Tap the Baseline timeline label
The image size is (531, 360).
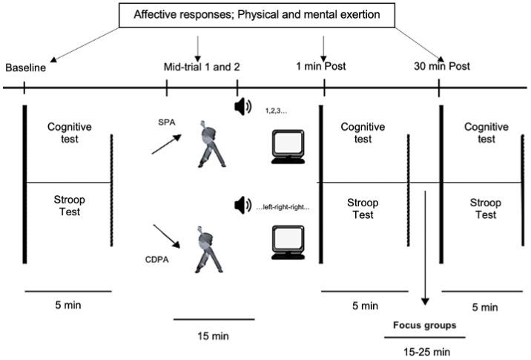coord(27,68)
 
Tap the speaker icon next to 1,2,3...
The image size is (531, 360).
coord(243,108)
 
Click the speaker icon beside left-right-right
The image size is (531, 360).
coord(242,205)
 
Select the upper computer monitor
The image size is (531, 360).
coord(290,146)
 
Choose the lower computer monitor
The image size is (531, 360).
coord(290,243)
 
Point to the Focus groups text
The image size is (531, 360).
coord(423,325)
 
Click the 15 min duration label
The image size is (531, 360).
coord(214,336)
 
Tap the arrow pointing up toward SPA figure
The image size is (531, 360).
coord(164,145)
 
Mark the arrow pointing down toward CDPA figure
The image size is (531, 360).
coord(165,237)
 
